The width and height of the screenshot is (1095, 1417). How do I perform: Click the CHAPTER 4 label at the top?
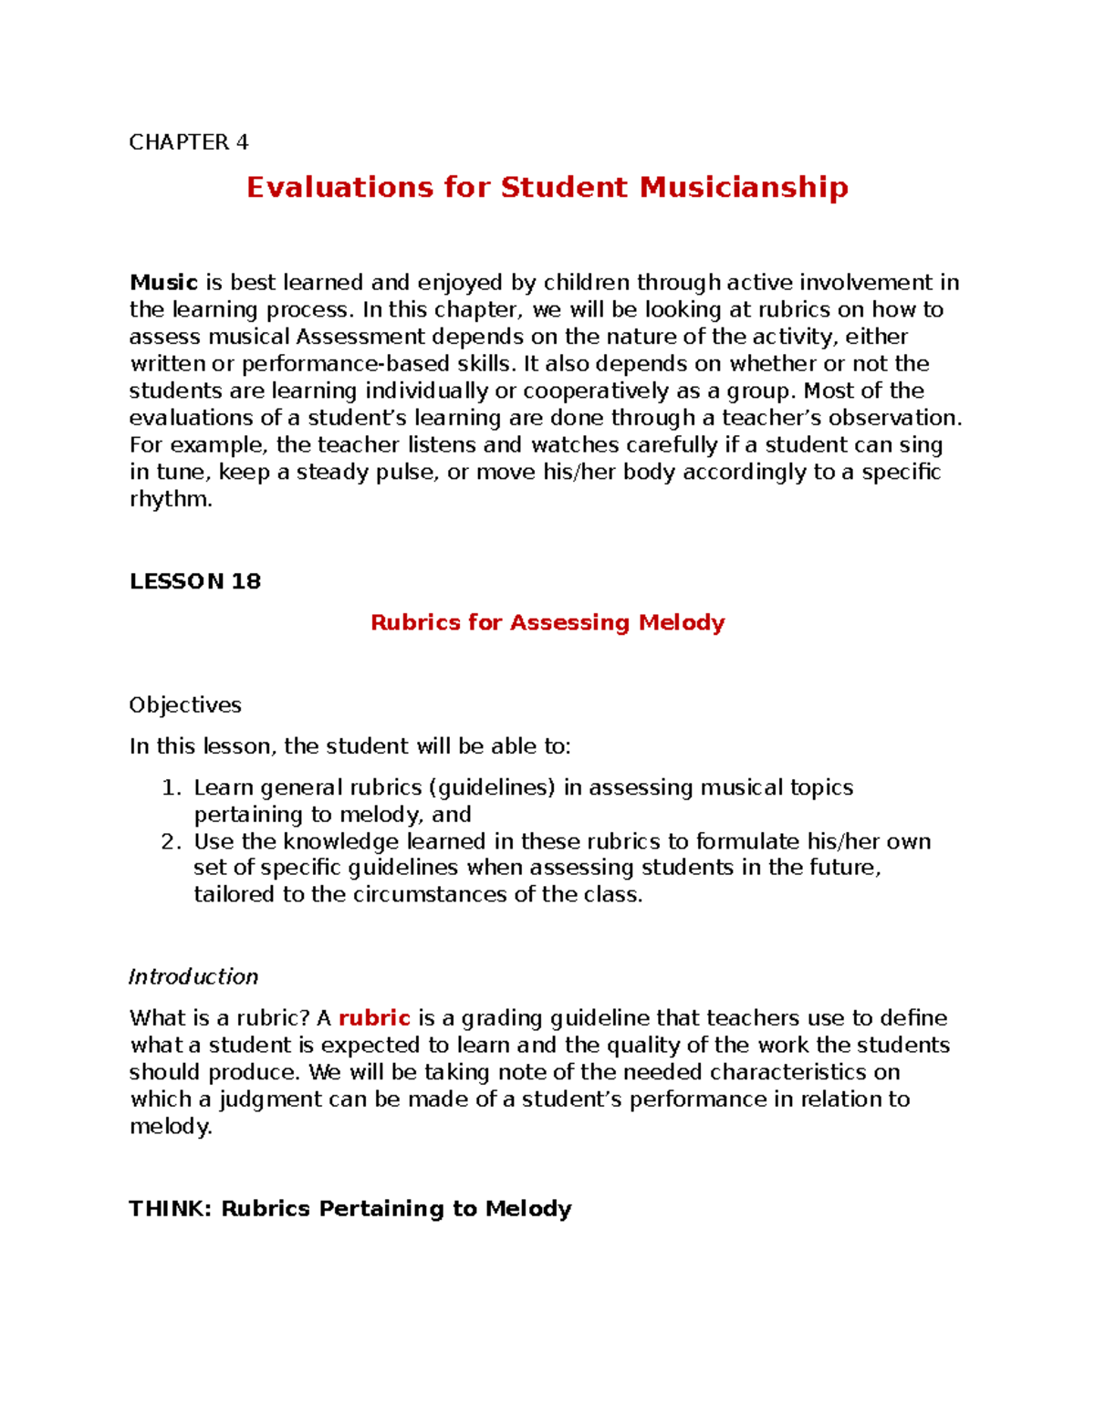pos(188,142)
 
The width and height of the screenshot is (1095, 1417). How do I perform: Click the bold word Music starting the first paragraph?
pos(163,283)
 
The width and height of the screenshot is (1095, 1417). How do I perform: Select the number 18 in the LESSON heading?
pos(245,581)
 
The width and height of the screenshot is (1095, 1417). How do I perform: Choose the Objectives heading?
pos(185,705)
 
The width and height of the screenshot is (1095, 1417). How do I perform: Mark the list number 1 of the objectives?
pos(170,788)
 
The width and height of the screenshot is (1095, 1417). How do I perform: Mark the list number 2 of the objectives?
pos(170,841)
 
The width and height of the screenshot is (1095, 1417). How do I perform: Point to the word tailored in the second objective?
pos(235,895)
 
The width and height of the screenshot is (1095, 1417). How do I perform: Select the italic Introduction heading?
pos(193,977)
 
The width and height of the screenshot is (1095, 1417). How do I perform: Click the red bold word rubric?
pos(374,1018)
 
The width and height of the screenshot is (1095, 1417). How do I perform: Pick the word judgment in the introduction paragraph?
pos(270,1099)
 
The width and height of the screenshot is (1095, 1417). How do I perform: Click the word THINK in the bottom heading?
pos(170,1209)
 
